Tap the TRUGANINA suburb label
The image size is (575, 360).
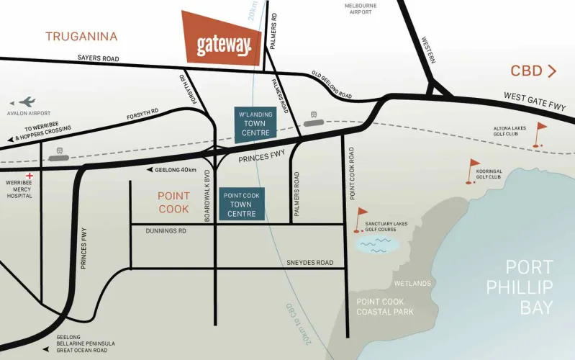coord(81,36)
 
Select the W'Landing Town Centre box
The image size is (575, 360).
coord(255,124)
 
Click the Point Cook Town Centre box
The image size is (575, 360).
coord(243,204)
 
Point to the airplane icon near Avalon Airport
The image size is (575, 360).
coord(27,102)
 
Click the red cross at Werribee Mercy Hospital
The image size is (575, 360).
coord(30,176)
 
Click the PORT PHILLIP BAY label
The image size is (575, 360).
coord(529,287)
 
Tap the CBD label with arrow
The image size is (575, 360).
coord(533,71)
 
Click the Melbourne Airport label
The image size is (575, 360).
coord(360,9)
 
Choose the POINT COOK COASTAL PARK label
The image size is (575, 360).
coord(385,306)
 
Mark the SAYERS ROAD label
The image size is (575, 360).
coord(98,58)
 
